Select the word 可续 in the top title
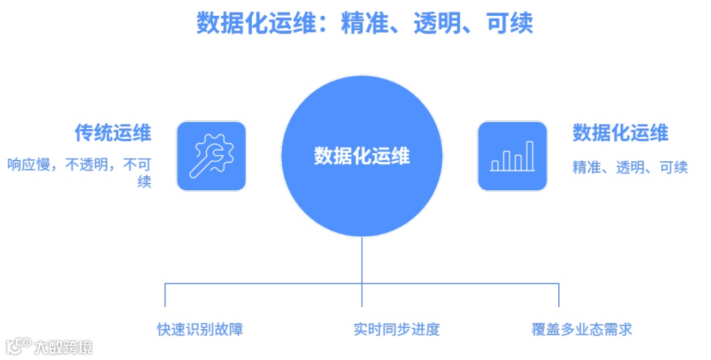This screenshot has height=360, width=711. click(x=510, y=24)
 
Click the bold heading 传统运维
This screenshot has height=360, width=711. click(x=113, y=133)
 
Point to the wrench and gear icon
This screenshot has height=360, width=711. click(x=211, y=156)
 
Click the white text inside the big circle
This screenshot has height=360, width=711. click(x=361, y=156)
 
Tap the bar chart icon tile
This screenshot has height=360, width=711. click(x=512, y=156)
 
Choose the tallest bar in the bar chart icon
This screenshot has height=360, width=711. click(x=529, y=156)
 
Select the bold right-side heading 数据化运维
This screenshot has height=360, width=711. click(x=620, y=133)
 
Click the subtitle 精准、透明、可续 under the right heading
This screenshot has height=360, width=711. click(x=630, y=167)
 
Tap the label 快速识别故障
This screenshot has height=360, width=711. click(x=200, y=329)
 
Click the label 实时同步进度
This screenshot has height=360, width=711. click(x=396, y=329)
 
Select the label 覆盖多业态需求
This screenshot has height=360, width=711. click(x=582, y=329)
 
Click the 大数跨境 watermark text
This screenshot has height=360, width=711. click(x=63, y=347)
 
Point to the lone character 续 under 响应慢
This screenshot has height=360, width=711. click(x=144, y=182)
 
